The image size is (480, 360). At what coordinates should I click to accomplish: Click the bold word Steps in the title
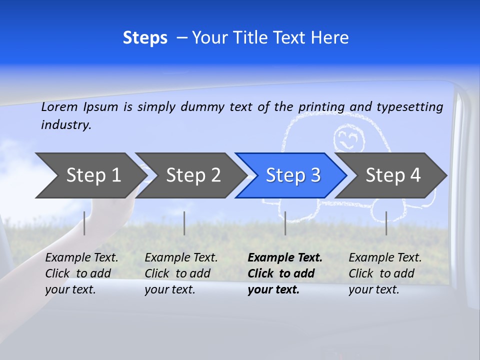[145, 38]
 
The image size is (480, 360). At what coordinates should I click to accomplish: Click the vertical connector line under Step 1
[84, 223]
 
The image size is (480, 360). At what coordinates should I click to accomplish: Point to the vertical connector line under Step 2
[184, 223]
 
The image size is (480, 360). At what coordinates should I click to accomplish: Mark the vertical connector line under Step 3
[285, 223]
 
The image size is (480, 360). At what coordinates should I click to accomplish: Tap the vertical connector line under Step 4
[386, 223]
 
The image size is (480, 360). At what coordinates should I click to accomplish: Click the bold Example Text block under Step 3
[285, 273]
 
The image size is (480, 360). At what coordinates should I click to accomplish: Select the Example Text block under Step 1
[81, 273]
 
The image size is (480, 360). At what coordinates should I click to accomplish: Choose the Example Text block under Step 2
[181, 273]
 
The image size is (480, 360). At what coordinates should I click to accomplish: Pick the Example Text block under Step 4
[385, 273]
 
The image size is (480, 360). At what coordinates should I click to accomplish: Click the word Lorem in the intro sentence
[59, 106]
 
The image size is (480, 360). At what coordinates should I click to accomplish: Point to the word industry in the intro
[66, 124]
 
